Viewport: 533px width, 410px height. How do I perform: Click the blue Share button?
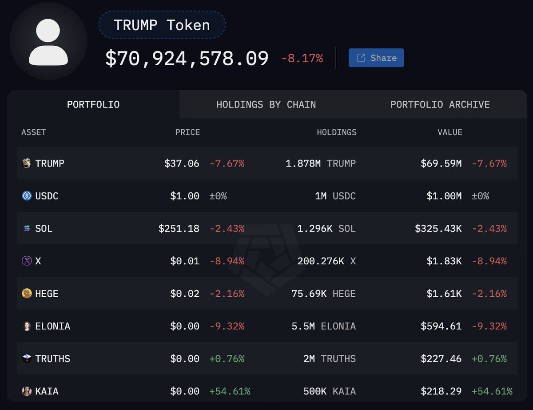[376, 58]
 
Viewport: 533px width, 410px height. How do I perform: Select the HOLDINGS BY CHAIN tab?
[266, 104]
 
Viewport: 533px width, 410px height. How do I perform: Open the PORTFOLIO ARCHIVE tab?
[440, 104]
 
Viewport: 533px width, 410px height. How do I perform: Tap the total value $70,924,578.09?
[187, 59]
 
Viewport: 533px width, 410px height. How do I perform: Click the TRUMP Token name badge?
[162, 25]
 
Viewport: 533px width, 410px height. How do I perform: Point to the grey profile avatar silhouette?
[48, 42]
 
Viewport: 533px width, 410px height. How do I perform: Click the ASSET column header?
[34, 132]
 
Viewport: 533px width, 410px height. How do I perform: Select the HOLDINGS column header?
[336, 132]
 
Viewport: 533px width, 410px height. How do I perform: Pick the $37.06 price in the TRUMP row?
[182, 163]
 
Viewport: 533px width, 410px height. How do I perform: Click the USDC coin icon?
[27, 196]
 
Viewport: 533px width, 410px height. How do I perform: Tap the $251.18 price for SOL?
[179, 229]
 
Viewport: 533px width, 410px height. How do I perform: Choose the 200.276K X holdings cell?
[326, 261]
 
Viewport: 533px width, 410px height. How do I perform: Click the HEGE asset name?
[47, 294]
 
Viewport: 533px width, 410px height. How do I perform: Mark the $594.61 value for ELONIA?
[441, 326]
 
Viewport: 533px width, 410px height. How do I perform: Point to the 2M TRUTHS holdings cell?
[329, 359]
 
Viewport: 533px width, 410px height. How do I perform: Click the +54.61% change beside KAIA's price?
[230, 391]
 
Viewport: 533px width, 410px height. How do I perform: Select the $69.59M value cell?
[441, 163]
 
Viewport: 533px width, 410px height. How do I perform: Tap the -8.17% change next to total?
[302, 58]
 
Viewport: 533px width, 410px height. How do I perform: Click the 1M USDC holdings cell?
[335, 196]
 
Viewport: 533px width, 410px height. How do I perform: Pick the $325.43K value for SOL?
[438, 229]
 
